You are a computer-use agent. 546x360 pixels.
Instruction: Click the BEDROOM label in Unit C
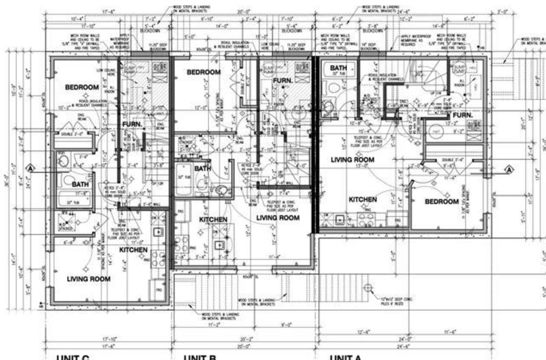point(82,87)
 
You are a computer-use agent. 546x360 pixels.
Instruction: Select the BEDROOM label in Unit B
point(204,72)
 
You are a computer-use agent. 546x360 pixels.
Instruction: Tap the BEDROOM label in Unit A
point(442,202)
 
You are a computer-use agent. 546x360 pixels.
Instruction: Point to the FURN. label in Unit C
point(132,124)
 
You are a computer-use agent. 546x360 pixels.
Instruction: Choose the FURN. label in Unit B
point(283,81)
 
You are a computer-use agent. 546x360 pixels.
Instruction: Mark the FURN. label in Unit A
point(462,115)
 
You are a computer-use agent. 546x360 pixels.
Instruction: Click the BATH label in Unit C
point(80,184)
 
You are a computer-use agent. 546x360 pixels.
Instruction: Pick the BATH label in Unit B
point(203,169)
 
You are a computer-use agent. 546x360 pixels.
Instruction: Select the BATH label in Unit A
point(338,68)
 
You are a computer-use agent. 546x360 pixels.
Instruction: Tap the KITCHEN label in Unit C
point(133,250)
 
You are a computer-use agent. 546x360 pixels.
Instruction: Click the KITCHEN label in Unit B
point(213,220)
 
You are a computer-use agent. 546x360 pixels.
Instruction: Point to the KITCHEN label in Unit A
point(363,200)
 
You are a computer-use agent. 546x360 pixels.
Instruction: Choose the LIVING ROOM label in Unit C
point(89,279)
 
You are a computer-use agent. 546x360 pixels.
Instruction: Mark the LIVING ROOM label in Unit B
point(278,218)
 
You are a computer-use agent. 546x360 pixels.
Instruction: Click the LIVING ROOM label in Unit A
point(352,160)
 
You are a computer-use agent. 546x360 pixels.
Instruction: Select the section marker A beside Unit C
point(31,169)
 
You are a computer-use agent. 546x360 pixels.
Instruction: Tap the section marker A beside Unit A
point(509,170)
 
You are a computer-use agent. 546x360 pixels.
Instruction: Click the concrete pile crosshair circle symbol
point(368,288)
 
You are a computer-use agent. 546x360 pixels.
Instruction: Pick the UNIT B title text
point(200,357)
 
